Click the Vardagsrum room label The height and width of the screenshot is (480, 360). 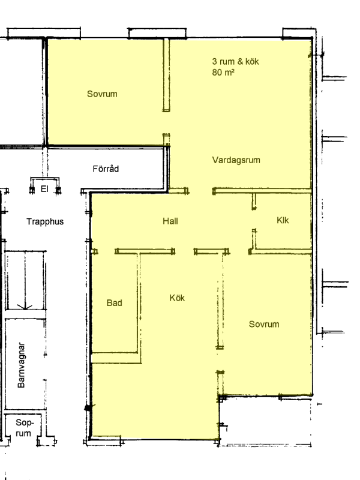(x=236, y=160)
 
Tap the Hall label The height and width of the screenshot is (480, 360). (x=170, y=221)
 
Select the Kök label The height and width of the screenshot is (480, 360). (x=177, y=298)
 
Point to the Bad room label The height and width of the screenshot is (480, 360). (x=114, y=303)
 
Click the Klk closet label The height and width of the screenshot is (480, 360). (x=283, y=220)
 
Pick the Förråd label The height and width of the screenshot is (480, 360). (x=106, y=169)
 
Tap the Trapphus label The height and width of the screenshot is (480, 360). (x=45, y=221)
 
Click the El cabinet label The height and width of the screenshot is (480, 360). (x=44, y=189)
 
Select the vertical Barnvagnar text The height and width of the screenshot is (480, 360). (x=21, y=365)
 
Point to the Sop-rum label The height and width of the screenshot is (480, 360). (x=23, y=428)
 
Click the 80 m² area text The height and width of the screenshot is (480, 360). (x=223, y=72)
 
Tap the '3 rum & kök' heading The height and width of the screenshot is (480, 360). (x=235, y=62)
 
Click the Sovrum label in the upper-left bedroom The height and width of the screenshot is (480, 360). (x=102, y=94)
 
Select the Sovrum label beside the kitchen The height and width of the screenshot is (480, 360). (x=264, y=324)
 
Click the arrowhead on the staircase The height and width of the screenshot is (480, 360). (x=25, y=307)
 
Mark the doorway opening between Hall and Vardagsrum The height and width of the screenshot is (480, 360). (x=201, y=191)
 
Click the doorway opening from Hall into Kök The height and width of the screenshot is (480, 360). (x=185, y=251)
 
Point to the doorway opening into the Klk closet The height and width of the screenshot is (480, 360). (x=254, y=219)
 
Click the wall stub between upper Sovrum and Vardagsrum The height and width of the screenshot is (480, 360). (x=166, y=75)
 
